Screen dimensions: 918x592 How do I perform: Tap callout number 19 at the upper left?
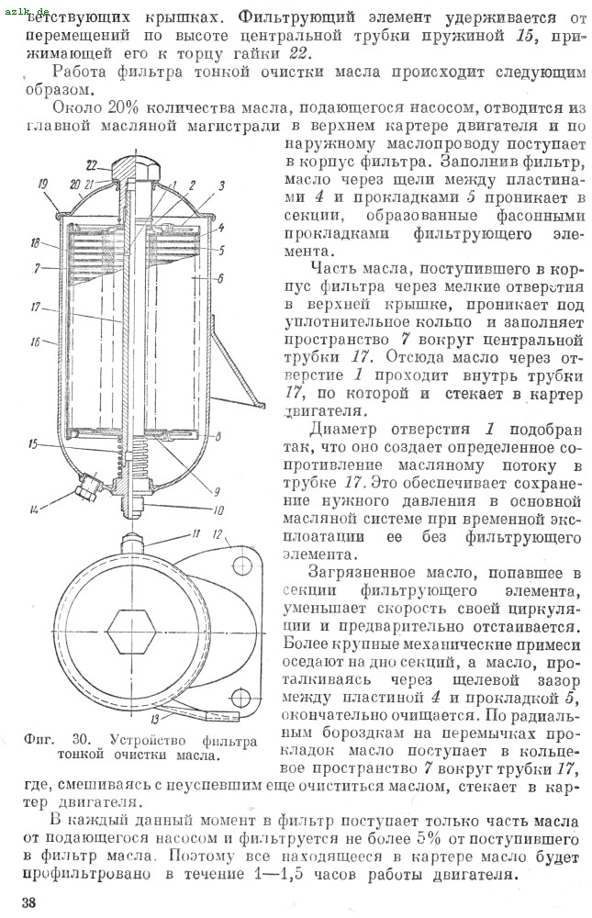click(x=42, y=185)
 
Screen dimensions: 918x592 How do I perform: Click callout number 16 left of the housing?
click(x=36, y=341)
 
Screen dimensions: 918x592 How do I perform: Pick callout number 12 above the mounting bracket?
click(x=217, y=534)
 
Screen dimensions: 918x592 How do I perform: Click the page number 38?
click(x=28, y=901)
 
